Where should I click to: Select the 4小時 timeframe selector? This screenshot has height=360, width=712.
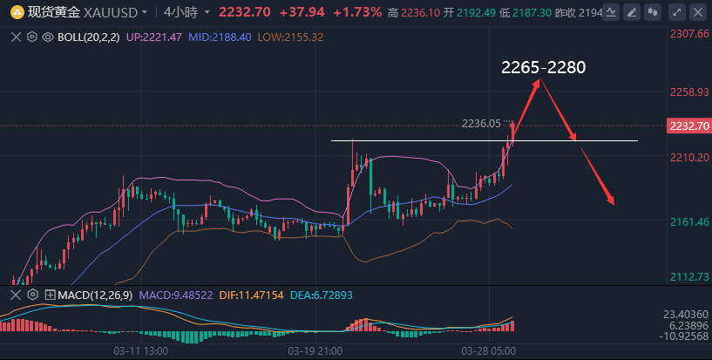[x=180, y=12]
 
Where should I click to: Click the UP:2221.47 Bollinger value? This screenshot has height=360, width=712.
[x=160, y=38]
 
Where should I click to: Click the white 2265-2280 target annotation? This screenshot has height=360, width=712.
[x=543, y=67]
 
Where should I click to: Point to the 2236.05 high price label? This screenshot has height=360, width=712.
[x=481, y=124]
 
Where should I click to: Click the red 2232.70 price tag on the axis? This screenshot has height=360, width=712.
[x=688, y=126]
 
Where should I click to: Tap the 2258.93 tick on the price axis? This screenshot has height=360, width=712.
[x=687, y=92]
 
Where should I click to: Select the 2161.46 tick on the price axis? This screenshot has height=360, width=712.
[x=687, y=222]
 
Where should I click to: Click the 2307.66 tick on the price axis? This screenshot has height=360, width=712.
[x=687, y=33]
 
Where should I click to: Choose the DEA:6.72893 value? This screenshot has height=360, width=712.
[x=322, y=295]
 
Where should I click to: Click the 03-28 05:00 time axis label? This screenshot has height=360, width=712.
[x=489, y=350]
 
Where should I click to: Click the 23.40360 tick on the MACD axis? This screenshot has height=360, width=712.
[x=687, y=313]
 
